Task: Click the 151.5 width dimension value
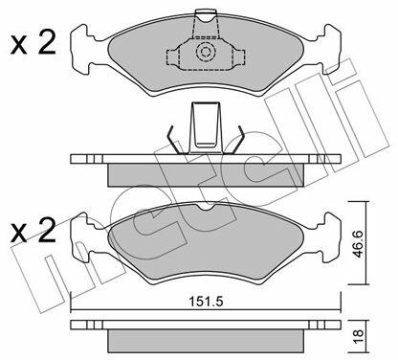tap(206, 302)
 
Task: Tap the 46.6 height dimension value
tap(359, 243)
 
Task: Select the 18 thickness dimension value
tap(359, 335)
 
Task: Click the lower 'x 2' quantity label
tap(33, 230)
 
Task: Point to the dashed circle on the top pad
tap(204, 52)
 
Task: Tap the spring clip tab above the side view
tap(206, 126)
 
